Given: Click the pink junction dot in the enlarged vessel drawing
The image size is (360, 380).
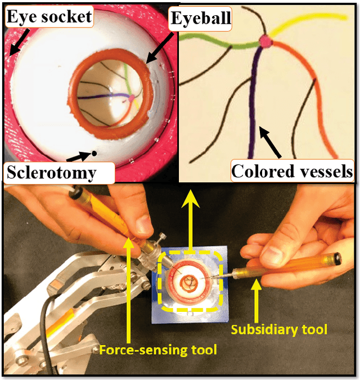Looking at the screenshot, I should coord(264,41).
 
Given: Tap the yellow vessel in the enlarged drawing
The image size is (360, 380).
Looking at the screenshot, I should coord(315,20).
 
